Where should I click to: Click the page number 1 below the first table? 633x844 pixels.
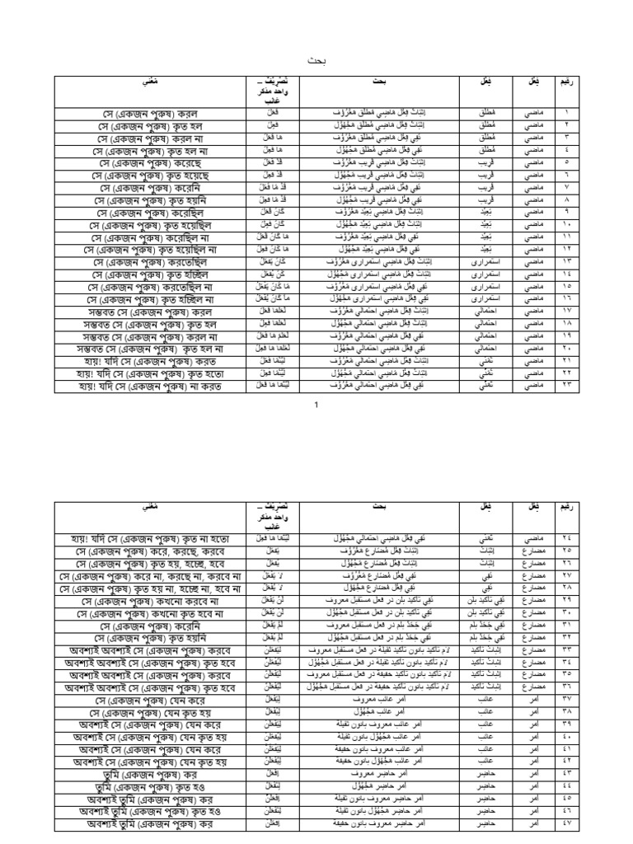tap(316, 406)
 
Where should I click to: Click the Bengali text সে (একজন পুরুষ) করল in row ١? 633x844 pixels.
tap(151, 112)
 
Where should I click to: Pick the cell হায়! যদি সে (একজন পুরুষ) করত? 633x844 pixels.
tap(151, 362)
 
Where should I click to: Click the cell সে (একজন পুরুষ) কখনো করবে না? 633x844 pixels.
tap(151, 601)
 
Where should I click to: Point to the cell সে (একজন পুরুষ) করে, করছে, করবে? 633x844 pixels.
tap(151, 551)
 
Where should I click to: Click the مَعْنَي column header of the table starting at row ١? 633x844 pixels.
tap(151, 85)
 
